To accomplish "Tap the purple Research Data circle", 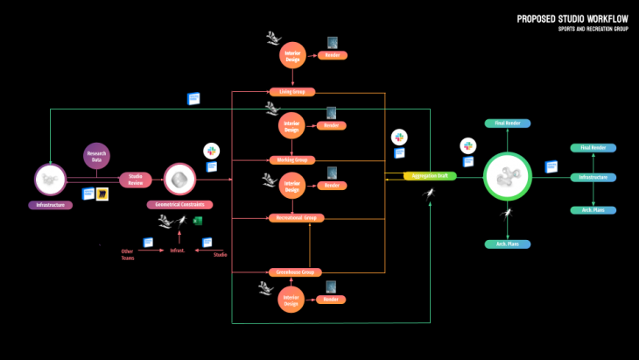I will (x=96, y=157).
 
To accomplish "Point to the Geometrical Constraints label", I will (x=179, y=204).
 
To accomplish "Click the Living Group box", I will (x=291, y=92).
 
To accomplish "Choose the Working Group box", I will (x=291, y=160).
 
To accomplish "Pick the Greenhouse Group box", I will (x=291, y=272).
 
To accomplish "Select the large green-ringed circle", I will (x=508, y=178).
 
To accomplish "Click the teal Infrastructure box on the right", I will (x=593, y=178).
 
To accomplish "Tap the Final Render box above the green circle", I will (x=508, y=123).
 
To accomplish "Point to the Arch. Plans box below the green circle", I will (x=508, y=244).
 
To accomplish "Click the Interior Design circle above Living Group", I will (x=292, y=55).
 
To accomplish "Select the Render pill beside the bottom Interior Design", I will (x=332, y=300).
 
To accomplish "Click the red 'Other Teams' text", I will (x=128, y=254).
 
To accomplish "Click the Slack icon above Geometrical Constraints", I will (x=211, y=151).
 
